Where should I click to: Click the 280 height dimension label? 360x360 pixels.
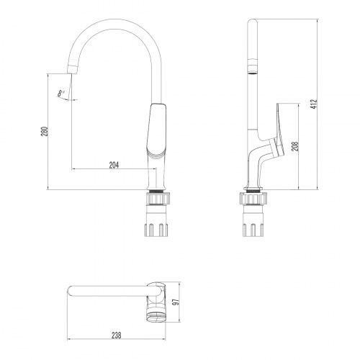[x=44, y=132]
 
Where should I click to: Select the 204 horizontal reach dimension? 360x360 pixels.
[x=114, y=165]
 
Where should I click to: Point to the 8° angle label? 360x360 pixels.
[x=63, y=91]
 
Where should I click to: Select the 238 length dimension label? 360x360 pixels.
[x=116, y=333]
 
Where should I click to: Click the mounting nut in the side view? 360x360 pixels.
[x=252, y=199]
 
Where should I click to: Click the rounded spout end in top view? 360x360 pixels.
[x=70, y=291]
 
